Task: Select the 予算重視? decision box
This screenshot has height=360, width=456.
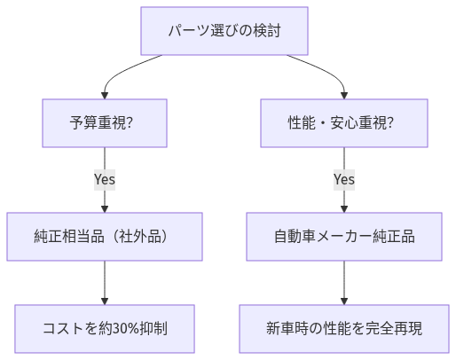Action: tap(105, 121)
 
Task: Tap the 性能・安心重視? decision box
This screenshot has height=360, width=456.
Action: tap(343, 121)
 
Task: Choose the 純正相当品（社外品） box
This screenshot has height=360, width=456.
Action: tap(105, 237)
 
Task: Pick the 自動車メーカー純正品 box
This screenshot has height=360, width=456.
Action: tap(343, 237)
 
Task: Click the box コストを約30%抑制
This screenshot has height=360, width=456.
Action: tap(105, 328)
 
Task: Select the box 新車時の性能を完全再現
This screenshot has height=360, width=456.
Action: tap(343, 328)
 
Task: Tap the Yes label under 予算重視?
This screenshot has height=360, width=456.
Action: tap(105, 179)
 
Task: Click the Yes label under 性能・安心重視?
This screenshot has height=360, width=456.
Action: tap(343, 179)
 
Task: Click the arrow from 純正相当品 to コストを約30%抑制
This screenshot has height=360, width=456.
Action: tap(105, 282)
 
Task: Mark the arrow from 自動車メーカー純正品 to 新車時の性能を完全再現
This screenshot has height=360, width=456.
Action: tap(343, 282)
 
